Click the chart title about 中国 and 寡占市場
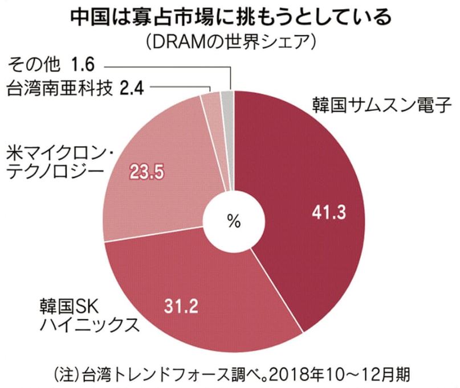pyautogui.click(x=230, y=17)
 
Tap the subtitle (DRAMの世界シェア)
pyautogui.click(x=230, y=43)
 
